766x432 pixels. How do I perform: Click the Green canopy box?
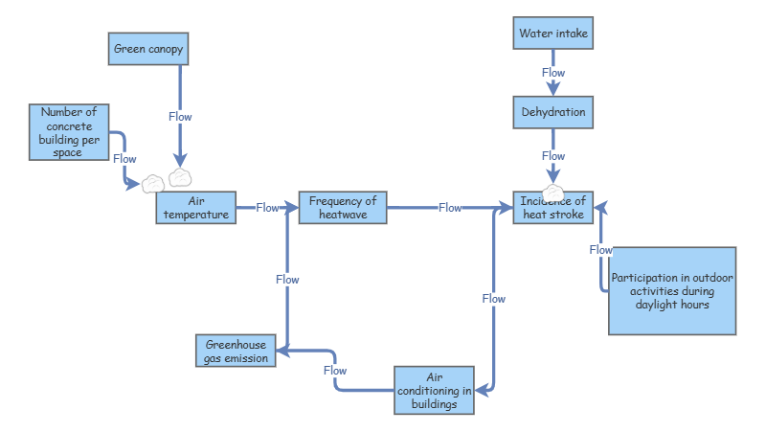pos(147,49)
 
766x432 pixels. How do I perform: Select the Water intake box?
pos(552,34)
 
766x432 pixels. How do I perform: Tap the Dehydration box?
pos(552,112)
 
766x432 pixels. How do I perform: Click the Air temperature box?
pos(196,208)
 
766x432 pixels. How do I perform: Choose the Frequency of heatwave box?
pos(343,208)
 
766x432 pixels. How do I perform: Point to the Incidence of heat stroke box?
pos(553,208)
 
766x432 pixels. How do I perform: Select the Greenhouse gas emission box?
pos(236,352)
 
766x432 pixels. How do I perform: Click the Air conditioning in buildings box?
pos(434,390)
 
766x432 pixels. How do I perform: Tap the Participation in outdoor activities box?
pos(672,290)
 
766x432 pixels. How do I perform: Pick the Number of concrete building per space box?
pos(68,132)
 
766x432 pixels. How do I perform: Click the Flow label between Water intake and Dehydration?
pos(553,73)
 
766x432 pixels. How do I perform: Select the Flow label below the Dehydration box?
pos(553,156)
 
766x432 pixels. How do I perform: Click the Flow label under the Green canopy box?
pos(180,117)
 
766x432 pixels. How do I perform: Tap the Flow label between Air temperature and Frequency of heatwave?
pos(267,207)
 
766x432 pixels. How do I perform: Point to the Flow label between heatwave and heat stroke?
pos(450,208)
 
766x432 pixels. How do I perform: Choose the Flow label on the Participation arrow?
pos(600,250)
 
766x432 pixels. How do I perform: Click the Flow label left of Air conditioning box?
pos(335,370)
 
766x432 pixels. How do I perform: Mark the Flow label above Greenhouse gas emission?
pos(287,280)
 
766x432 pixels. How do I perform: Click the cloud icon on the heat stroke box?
pos(553,193)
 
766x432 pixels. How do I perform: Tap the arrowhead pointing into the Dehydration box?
pos(553,91)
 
